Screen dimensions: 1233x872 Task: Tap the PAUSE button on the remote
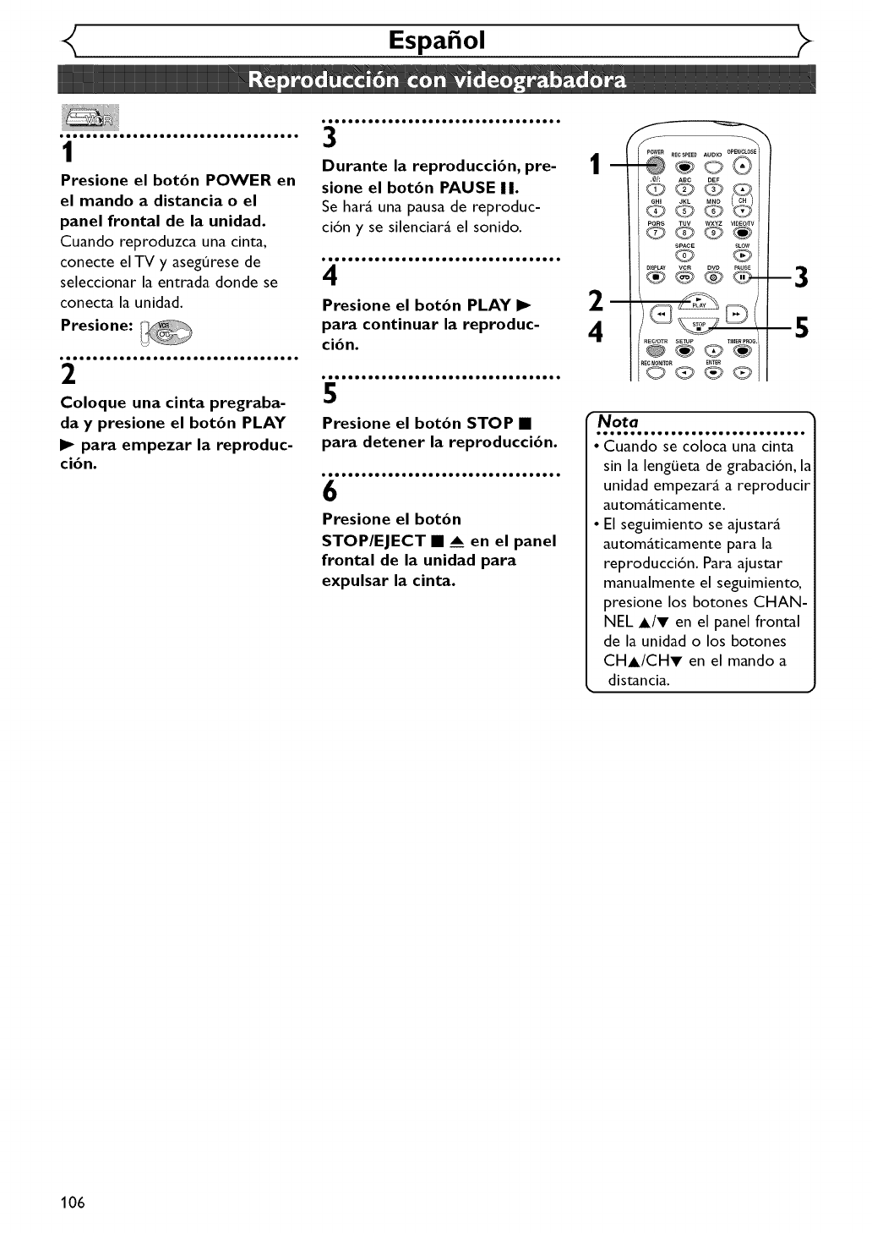[742, 277]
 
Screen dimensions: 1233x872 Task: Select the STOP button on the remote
[699, 327]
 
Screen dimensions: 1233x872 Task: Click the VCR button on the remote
[685, 277]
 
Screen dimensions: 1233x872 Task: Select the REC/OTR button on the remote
[657, 351]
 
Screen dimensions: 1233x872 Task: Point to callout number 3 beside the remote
[801, 277]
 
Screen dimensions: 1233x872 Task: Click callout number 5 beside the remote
[801, 327]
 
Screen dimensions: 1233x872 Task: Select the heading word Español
[436, 41]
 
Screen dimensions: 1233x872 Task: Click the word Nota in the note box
[618, 421]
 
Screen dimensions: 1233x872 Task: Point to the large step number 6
[330, 491]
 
